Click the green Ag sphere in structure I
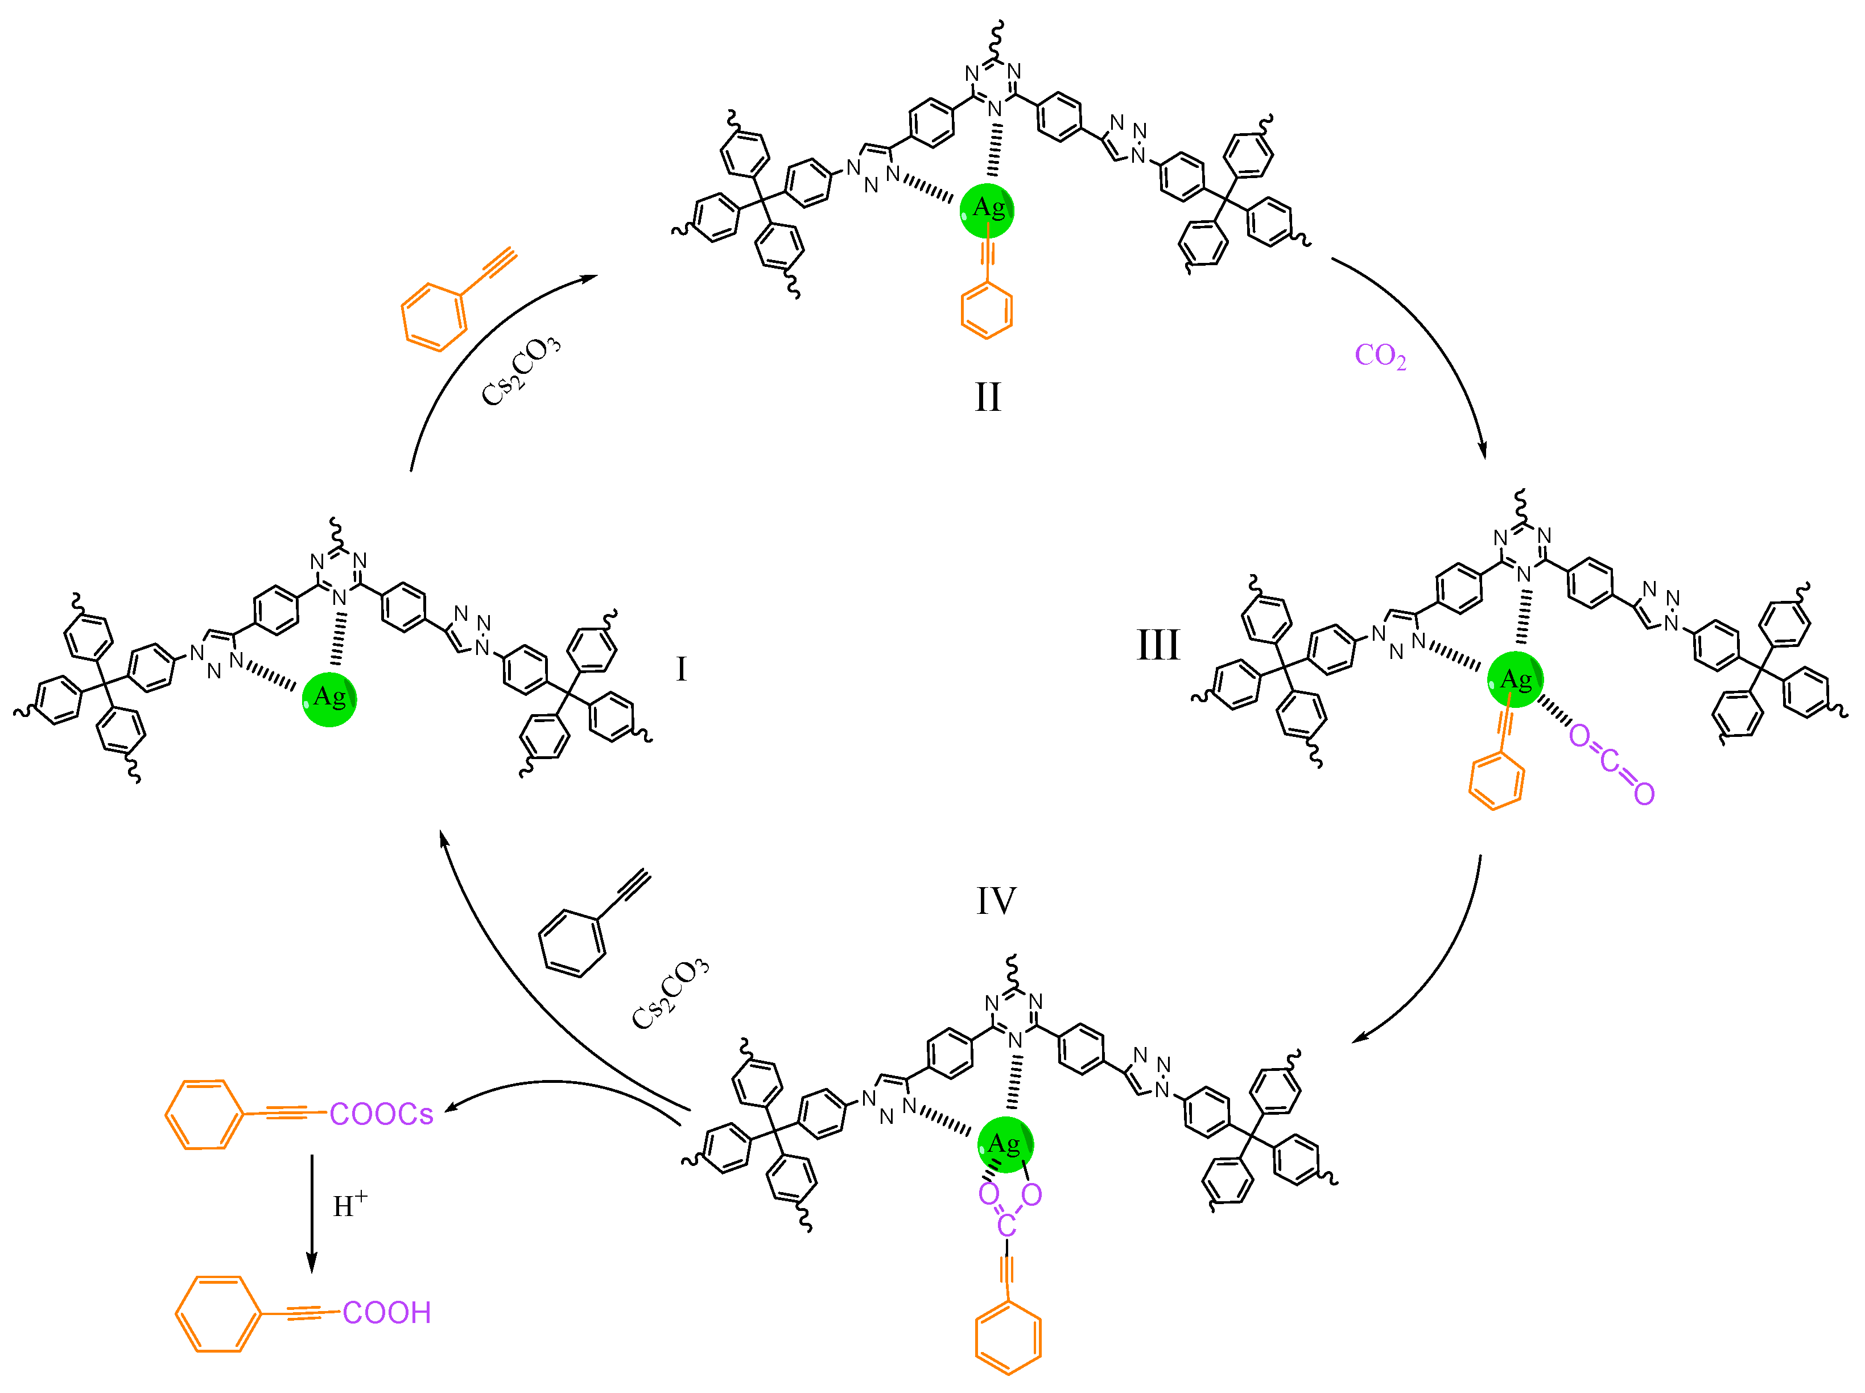(x=329, y=699)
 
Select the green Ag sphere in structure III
(x=1515, y=679)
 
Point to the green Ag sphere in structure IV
(x=1005, y=1144)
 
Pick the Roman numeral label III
(x=1158, y=646)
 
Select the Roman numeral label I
(x=681, y=670)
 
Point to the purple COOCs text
(x=381, y=1115)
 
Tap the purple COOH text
(x=387, y=1313)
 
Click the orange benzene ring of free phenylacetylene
(x=434, y=317)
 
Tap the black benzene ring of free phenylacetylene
(x=572, y=943)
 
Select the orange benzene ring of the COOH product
(x=217, y=1314)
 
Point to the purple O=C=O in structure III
(x=1611, y=764)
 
